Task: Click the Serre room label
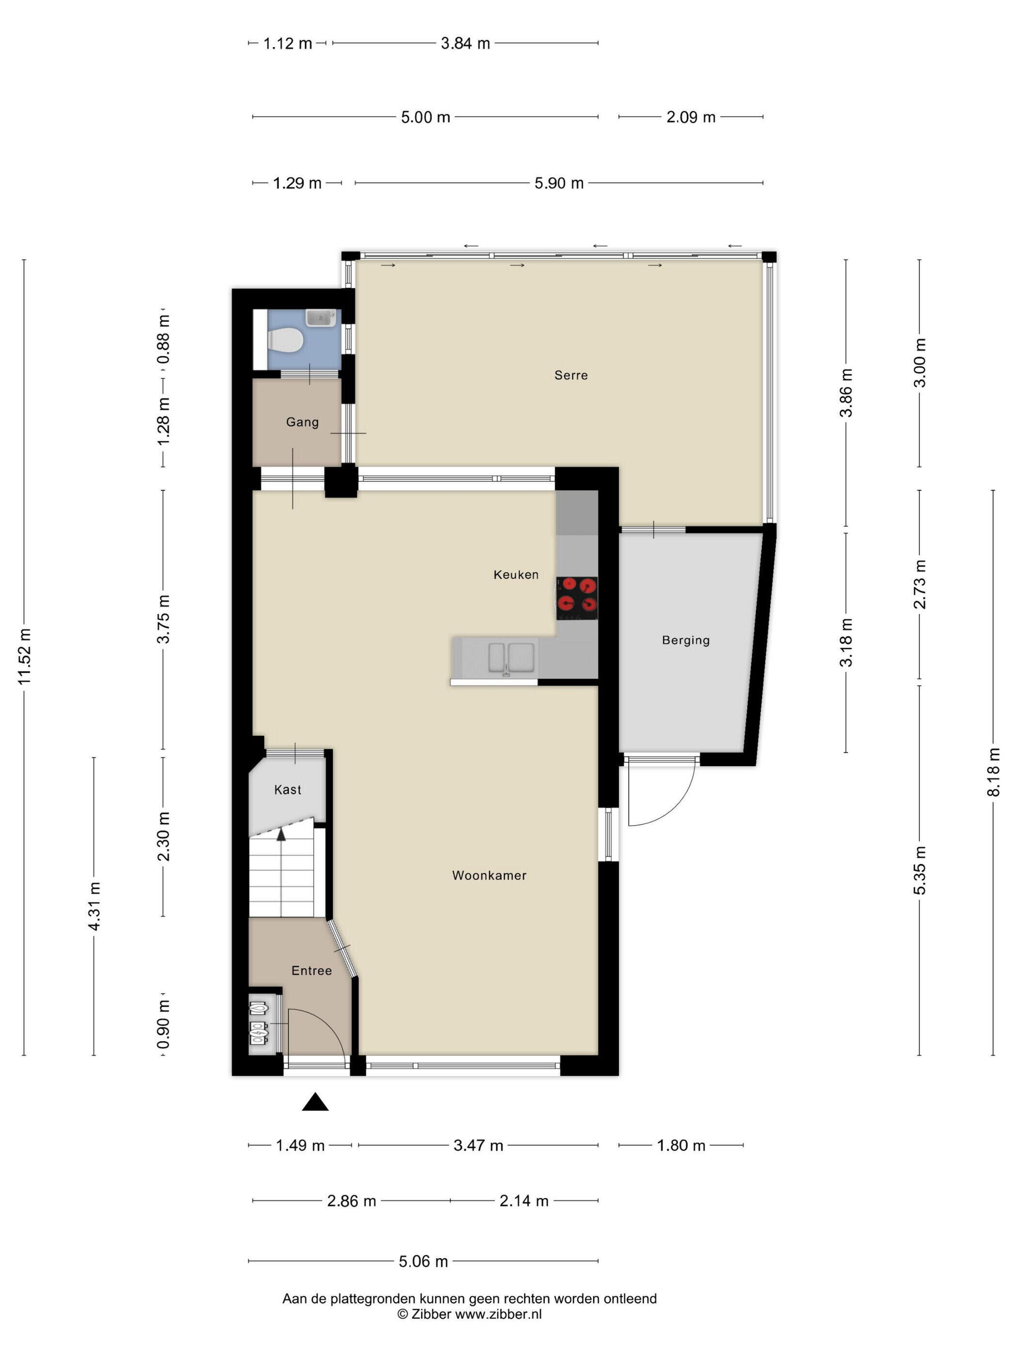tap(570, 375)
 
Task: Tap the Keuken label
tap(516, 574)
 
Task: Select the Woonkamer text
tap(489, 876)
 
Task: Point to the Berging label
tap(685, 641)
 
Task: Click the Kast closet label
tap(288, 789)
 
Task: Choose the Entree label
tap(311, 971)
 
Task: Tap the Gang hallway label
tap(302, 422)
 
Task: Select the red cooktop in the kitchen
tap(577, 598)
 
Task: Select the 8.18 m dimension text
tap(993, 772)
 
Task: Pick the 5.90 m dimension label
tap(558, 183)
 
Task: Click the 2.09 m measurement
tap(691, 117)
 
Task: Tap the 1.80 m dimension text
tap(681, 1145)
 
